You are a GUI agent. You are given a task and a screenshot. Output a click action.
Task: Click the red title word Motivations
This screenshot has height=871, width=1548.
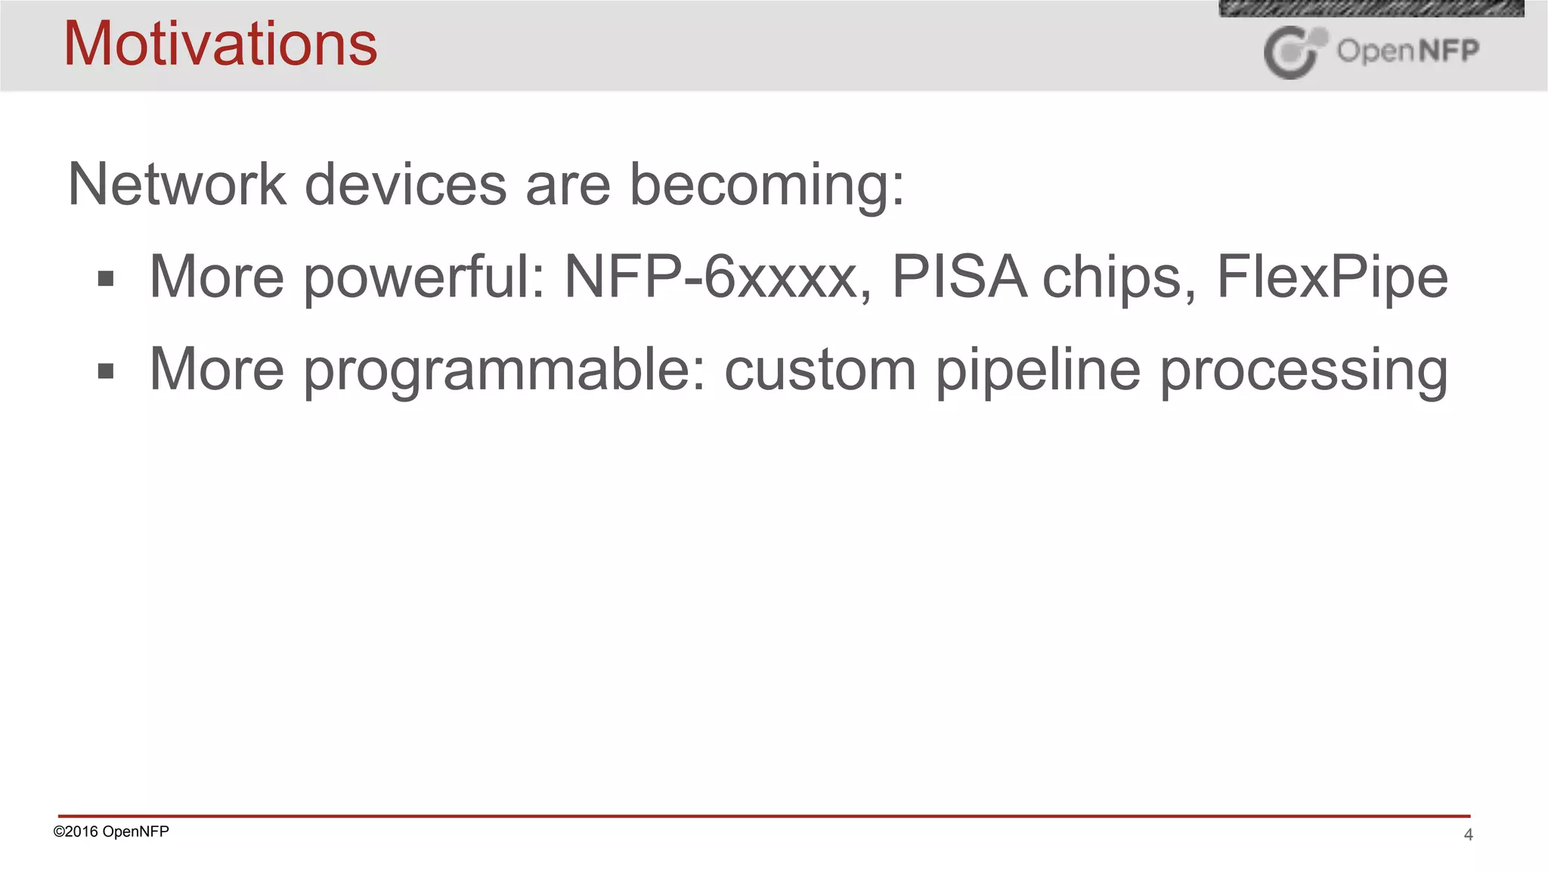220,44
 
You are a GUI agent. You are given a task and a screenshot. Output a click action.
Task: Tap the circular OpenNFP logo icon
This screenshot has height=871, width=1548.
1294,52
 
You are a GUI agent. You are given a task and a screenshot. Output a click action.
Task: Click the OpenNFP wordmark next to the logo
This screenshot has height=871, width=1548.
1407,51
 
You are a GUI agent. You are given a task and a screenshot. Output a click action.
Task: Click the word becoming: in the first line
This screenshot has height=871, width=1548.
766,185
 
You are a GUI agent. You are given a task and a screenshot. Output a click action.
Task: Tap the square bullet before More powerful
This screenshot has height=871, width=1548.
106,279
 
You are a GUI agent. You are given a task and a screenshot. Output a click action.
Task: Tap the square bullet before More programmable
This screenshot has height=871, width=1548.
106,371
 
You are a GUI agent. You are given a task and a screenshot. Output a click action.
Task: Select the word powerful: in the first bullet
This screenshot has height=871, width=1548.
424,277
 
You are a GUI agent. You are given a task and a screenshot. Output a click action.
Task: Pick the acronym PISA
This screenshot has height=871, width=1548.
958,277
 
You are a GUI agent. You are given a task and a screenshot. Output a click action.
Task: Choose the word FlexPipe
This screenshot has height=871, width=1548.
1332,277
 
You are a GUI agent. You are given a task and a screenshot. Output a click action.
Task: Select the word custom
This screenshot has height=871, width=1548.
820,370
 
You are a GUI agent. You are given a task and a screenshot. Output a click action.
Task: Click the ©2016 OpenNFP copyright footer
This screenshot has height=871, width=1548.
111,832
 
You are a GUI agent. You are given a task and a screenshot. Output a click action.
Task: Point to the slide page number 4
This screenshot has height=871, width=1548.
1468,835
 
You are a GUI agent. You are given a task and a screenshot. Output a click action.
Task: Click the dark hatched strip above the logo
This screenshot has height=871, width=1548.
1371,8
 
